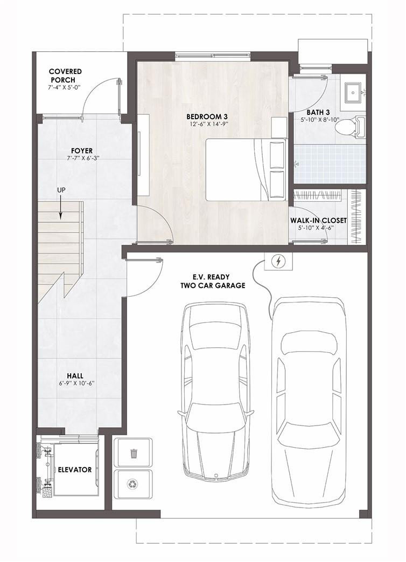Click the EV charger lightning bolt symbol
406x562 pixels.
pos(278,262)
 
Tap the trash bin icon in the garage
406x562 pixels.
pos(134,453)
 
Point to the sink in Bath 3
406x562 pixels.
pos(354,93)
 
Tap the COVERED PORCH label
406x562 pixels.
pos(65,76)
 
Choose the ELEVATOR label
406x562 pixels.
pos(75,469)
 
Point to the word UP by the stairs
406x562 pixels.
pos(61,190)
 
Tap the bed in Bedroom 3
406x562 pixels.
pos(245,169)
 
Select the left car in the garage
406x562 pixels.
pos(215,391)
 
